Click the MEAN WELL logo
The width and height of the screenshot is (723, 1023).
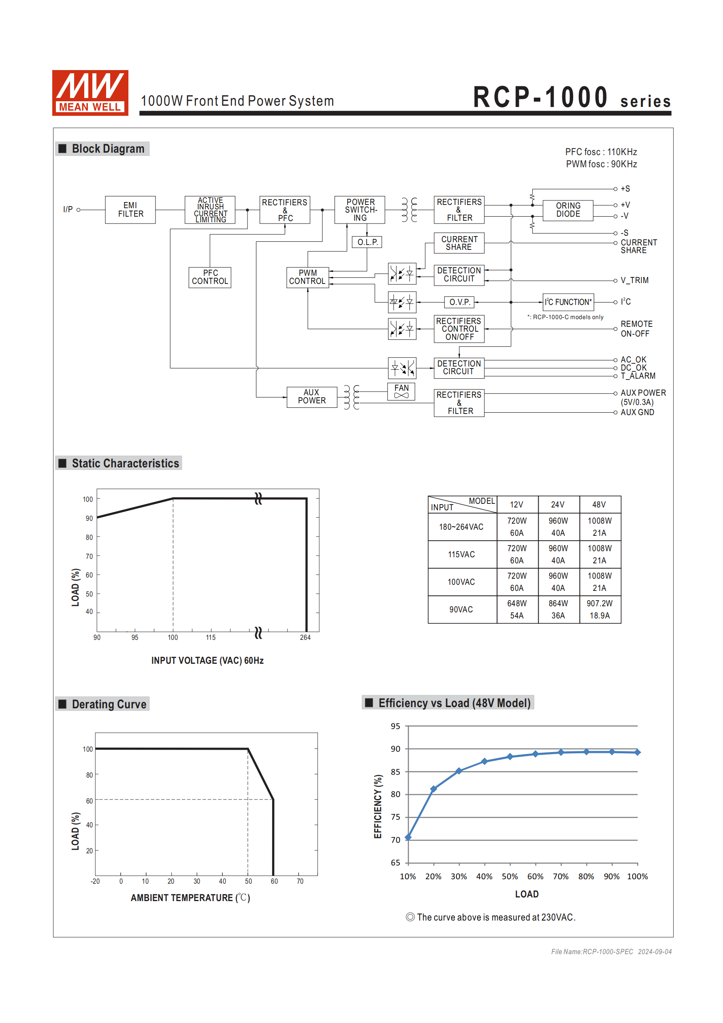pyautogui.click(x=90, y=93)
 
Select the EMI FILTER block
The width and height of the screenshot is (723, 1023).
pyautogui.click(x=130, y=210)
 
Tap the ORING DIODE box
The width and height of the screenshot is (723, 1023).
pyautogui.click(x=568, y=210)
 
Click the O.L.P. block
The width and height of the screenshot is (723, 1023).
pyautogui.click(x=367, y=242)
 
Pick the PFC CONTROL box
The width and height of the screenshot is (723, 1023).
pyautogui.click(x=209, y=277)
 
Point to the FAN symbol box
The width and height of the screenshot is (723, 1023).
pyautogui.click(x=401, y=391)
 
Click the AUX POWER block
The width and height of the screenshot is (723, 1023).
pyautogui.click(x=311, y=396)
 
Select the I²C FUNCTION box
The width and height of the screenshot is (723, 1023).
pyautogui.click(x=568, y=302)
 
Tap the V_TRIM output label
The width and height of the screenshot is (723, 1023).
pyautogui.click(x=634, y=280)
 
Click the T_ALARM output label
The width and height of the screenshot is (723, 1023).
pyautogui.click(x=638, y=376)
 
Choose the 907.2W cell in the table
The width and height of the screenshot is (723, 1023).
pyautogui.click(x=599, y=603)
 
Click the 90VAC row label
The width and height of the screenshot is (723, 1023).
pyautogui.click(x=461, y=610)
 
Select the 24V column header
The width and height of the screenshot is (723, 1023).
pyautogui.click(x=558, y=504)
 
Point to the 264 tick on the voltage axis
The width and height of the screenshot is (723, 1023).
pyautogui.click(x=305, y=637)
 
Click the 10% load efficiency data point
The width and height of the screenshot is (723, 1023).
pyautogui.click(x=408, y=838)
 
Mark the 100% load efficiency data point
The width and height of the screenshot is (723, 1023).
pyautogui.click(x=638, y=752)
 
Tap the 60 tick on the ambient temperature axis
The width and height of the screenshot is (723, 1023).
pyautogui.click(x=274, y=881)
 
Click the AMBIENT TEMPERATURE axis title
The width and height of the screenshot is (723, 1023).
pyautogui.click(x=190, y=898)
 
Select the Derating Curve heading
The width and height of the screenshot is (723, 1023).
pyautogui.click(x=109, y=704)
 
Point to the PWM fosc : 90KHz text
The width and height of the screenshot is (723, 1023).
pyautogui.click(x=601, y=164)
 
